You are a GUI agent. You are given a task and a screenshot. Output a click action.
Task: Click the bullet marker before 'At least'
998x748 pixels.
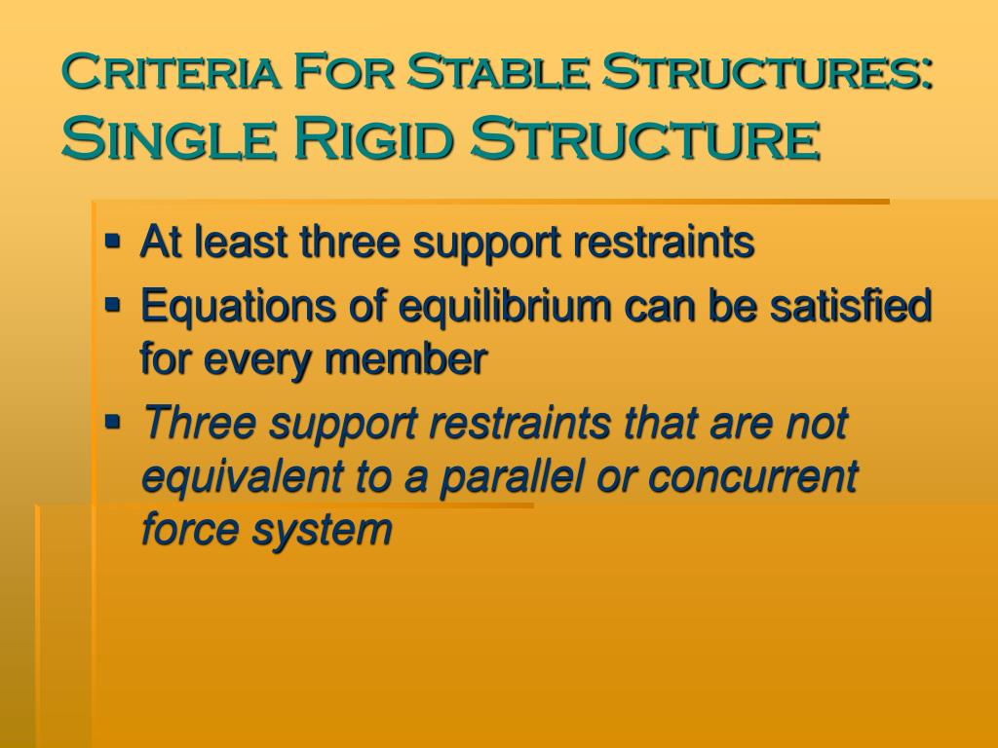tap(114, 238)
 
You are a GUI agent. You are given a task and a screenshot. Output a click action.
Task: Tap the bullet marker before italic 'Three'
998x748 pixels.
tap(114, 421)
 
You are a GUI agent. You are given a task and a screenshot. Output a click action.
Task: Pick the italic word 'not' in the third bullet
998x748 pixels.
tap(816, 424)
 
